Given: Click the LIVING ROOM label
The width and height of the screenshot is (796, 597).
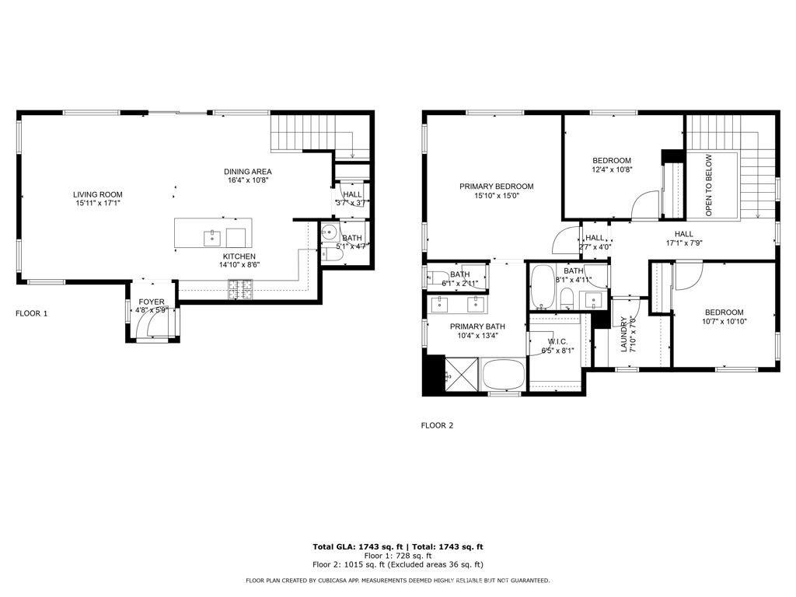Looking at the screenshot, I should [x=98, y=194].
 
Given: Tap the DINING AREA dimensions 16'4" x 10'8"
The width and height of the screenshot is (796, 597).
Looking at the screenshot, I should [x=248, y=180].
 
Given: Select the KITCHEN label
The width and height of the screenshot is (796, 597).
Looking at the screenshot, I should [x=239, y=257].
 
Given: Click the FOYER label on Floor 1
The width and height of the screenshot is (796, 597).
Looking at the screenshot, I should [x=152, y=302].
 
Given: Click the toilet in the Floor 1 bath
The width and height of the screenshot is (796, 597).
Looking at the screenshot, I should [x=329, y=253].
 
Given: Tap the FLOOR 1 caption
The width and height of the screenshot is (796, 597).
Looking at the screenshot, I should [x=32, y=314].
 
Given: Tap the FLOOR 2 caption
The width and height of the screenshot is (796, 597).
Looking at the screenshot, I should [x=437, y=425].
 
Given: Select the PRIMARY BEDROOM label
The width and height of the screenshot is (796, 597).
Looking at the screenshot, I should [x=496, y=187].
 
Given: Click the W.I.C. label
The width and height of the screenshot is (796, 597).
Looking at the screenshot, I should [x=557, y=342].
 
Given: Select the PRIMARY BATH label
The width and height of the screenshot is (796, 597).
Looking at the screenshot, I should [x=477, y=326].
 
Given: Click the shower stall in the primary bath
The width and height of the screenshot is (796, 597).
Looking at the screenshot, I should [x=456, y=376].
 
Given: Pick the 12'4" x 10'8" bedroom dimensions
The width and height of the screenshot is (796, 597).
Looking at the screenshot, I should [x=613, y=169].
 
